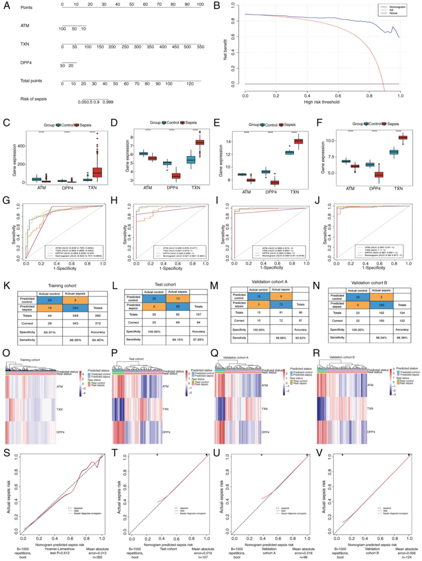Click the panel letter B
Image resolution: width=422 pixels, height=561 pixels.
(x=217, y=6)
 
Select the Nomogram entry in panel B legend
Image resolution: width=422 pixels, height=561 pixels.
(x=397, y=7)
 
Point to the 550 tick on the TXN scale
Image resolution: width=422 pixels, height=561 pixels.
(x=201, y=47)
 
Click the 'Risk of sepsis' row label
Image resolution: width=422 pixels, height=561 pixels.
(x=33, y=99)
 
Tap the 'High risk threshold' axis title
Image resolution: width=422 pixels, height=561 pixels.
(x=321, y=102)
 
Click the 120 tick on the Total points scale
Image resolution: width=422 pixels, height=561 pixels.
(x=190, y=84)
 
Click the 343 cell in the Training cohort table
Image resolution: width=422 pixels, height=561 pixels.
(x=75, y=308)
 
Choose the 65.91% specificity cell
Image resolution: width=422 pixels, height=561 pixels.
(x=49, y=332)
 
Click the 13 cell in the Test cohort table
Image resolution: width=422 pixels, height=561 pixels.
(x=178, y=299)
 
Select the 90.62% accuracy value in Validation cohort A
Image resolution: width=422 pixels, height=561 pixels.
(x=300, y=338)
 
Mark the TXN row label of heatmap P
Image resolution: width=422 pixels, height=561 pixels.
(x=165, y=409)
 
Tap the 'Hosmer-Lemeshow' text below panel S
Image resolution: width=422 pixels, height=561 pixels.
(x=60, y=549)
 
